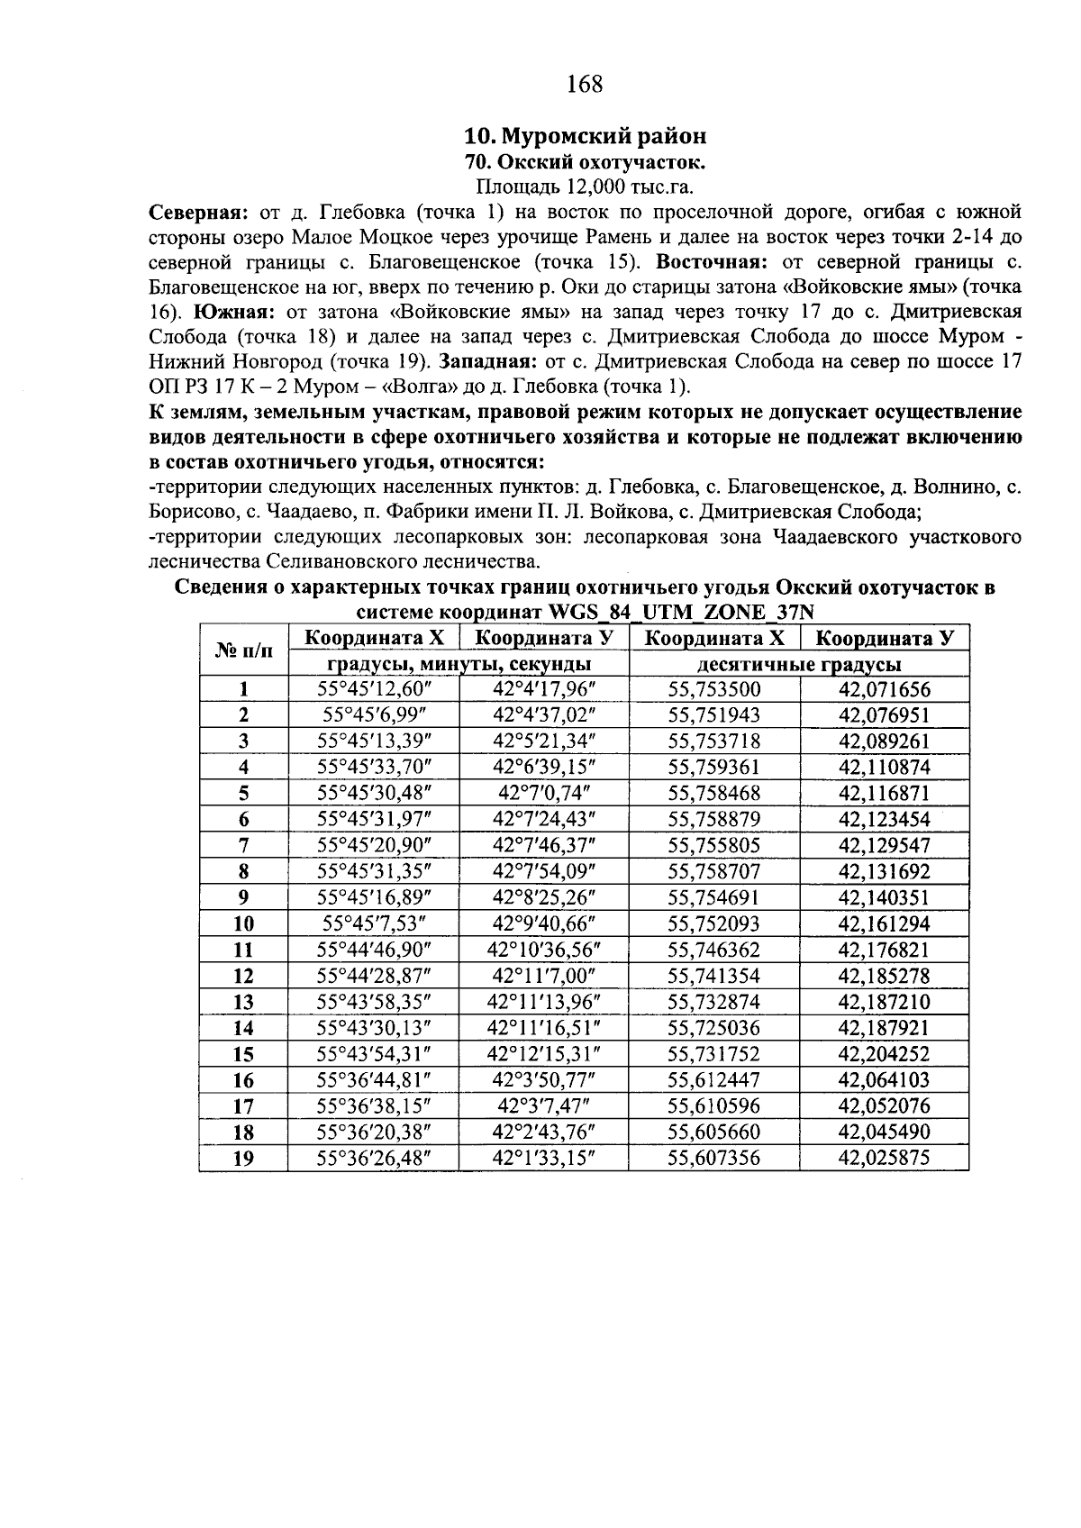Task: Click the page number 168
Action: (585, 85)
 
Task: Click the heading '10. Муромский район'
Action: (585, 136)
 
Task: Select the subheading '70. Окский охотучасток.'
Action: (585, 162)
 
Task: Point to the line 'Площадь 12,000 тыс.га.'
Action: (585, 187)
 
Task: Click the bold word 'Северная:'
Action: (197, 213)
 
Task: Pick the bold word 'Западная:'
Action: (489, 362)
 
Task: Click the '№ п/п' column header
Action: (243, 650)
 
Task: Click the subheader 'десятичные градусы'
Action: (798, 664)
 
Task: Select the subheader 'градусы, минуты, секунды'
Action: (459, 664)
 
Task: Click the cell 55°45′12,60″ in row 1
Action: (374, 690)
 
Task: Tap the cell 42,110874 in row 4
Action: (884, 768)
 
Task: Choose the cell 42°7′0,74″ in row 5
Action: (543, 794)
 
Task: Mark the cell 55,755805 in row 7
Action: (713, 846)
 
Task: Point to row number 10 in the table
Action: (243, 923)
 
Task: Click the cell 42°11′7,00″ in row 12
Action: (543, 976)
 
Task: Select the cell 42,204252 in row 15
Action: (884, 1053)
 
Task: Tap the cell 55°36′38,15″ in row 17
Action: (374, 1105)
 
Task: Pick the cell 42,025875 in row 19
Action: (884, 1158)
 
